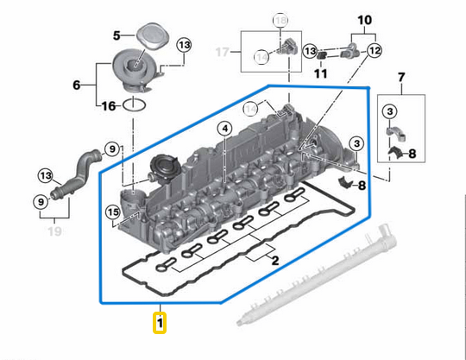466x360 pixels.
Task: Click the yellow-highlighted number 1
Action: coord(160,324)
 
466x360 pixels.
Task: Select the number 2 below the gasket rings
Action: coord(274,261)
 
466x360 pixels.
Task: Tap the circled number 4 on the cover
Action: coord(224,129)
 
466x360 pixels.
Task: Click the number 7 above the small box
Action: coord(400,79)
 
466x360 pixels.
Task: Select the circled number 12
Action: coord(374,52)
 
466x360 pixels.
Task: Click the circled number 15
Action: coord(113,212)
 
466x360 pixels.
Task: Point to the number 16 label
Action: coord(107,106)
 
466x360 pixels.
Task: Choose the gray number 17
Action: coord(224,52)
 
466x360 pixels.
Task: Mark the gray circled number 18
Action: coord(279,19)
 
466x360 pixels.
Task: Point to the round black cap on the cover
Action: coord(163,165)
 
